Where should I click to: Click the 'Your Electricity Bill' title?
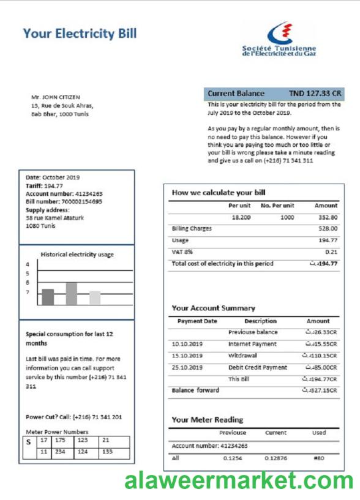(80, 33)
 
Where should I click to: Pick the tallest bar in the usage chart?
(71, 293)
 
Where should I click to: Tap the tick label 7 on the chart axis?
(28, 293)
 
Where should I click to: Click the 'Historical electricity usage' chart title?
(77, 255)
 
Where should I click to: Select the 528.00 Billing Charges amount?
(328, 228)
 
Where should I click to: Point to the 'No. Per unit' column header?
(277, 206)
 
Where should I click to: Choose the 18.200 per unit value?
(239, 217)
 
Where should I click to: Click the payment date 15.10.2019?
(187, 355)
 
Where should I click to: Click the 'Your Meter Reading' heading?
(207, 420)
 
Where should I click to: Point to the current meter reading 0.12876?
(275, 457)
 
